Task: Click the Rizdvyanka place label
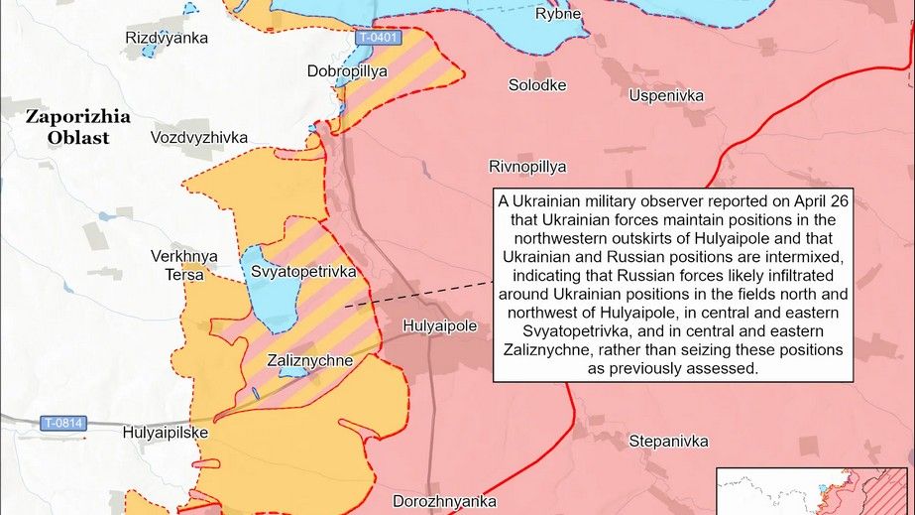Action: [167, 38]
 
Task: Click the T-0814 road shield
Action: [64, 424]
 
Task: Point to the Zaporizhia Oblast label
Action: [78, 127]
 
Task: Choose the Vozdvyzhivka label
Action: [199, 137]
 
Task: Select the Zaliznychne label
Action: [310, 361]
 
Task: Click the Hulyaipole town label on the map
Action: [441, 325]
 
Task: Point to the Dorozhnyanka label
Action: [444, 501]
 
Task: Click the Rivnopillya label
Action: [527, 166]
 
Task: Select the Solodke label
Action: [537, 85]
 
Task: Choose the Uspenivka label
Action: [666, 95]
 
